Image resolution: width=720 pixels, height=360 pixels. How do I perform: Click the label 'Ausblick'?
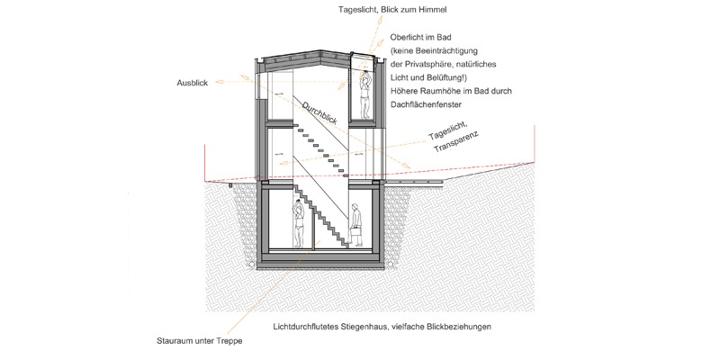click(193, 83)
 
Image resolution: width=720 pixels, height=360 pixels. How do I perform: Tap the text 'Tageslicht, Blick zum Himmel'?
click(392, 9)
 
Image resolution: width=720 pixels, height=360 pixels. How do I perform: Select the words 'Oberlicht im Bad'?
click(419, 37)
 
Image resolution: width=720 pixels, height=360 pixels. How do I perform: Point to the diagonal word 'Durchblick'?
click(319, 113)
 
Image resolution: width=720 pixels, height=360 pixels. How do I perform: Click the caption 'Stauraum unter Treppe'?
click(199, 341)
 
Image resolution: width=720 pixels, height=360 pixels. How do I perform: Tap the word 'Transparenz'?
click(455, 142)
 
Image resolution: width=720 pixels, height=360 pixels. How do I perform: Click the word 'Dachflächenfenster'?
click(426, 104)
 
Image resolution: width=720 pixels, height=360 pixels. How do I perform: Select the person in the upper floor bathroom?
click(365, 95)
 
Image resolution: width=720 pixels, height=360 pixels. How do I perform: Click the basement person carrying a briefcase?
click(356, 224)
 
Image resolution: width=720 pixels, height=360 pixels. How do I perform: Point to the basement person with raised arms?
click(299, 224)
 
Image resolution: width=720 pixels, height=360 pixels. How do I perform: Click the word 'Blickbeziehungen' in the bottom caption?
click(461, 327)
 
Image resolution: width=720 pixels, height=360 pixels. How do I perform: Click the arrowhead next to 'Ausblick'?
click(220, 82)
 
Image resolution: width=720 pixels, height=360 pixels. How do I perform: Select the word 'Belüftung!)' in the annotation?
click(430, 77)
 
